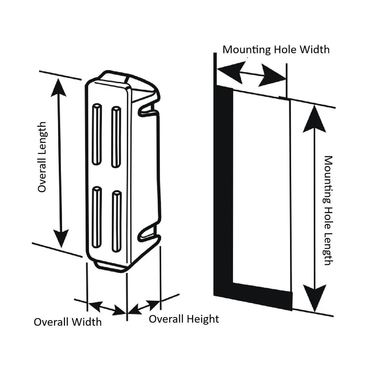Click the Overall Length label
[42, 157]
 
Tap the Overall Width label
[68, 322]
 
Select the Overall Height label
[184, 319]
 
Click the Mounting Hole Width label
[276, 49]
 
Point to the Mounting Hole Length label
[328, 210]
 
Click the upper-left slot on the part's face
[97, 134]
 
